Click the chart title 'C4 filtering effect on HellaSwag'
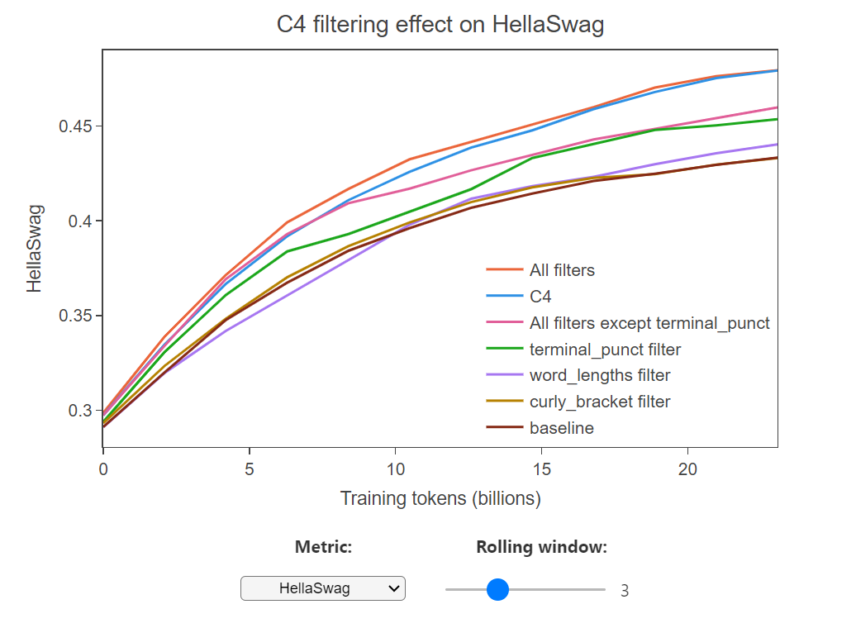[x=440, y=25]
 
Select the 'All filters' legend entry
[x=562, y=270]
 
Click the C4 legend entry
[x=540, y=297]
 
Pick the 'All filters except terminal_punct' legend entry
[x=649, y=323]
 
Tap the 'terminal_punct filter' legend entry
[x=605, y=350]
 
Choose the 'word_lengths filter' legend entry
[x=600, y=376]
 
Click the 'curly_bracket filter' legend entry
[x=600, y=402]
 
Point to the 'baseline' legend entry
[x=562, y=428]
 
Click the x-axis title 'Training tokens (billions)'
[x=440, y=499]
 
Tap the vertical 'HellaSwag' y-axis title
[x=35, y=249]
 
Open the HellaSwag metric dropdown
[x=323, y=588]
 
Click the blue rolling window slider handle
[x=497, y=589]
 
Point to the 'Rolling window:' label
[x=541, y=547]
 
